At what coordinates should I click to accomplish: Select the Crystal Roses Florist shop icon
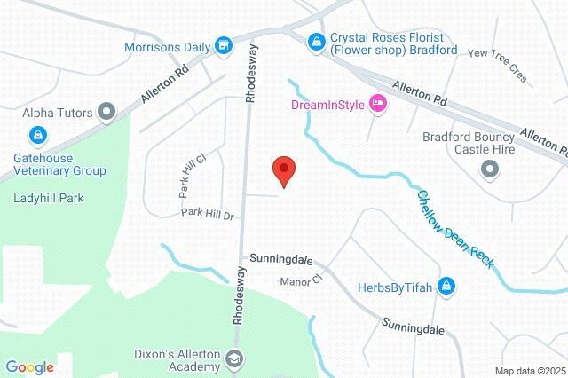(315, 41)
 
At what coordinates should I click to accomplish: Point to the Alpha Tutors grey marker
(108, 112)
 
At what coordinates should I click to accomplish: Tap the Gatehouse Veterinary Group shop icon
(37, 135)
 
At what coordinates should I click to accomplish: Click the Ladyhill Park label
(48, 198)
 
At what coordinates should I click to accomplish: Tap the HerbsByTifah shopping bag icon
(446, 287)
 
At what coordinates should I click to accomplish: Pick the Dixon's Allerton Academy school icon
(234, 359)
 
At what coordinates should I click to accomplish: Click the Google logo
(29, 367)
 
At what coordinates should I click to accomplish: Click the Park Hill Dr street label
(207, 215)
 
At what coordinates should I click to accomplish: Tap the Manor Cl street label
(300, 281)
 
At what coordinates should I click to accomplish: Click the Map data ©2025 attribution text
(529, 370)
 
